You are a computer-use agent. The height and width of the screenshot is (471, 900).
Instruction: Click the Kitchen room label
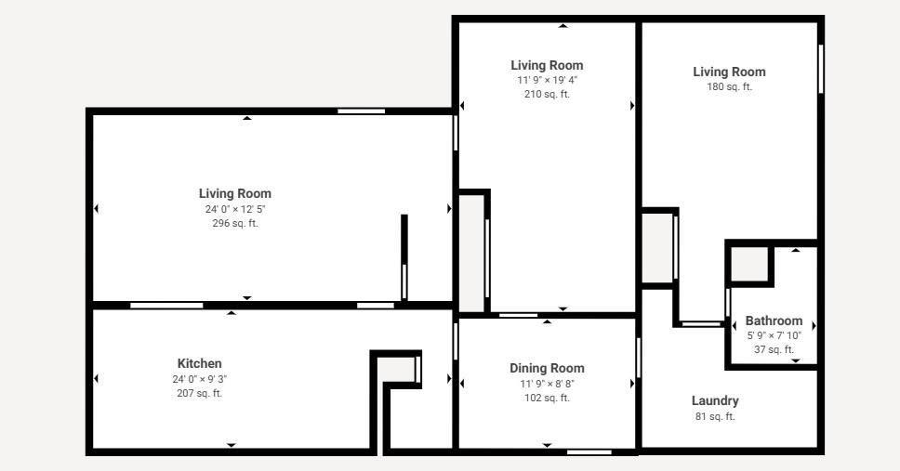tap(199, 363)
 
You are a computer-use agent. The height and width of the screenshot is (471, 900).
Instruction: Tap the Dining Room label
tap(547, 368)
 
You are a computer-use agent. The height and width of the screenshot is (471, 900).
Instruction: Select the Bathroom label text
tap(774, 321)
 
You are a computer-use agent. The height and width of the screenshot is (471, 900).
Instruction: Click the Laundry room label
tap(715, 401)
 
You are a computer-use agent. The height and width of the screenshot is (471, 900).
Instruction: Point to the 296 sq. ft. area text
tap(235, 223)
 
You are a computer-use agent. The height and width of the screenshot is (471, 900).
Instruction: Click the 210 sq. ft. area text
tap(547, 94)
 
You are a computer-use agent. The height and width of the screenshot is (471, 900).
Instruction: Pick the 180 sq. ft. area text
tap(729, 86)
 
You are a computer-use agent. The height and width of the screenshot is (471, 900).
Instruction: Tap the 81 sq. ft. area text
tap(715, 416)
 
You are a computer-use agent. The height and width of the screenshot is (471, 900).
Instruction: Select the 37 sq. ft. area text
tap(774, 349)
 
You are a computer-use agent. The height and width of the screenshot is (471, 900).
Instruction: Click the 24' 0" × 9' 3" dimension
tap(199, 379)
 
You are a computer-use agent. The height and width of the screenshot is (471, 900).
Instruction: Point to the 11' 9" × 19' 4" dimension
tap(547, 80)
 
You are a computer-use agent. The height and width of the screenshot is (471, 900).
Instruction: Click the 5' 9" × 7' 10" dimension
tap(774, 335)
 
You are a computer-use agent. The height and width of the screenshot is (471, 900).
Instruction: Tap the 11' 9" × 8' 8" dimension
tap(547, 384)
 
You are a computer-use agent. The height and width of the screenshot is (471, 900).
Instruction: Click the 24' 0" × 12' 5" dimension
tap(235, 209)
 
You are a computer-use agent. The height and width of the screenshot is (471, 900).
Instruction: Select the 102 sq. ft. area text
tap(547, 398)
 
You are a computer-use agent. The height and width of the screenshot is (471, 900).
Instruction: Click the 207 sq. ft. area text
tap(199, 393)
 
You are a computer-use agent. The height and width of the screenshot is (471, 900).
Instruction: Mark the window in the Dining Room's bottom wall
tap(589, 452)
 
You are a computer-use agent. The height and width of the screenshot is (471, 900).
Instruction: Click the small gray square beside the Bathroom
tap(749, 264)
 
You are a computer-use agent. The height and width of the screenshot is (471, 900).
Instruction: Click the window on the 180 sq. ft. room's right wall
tap(821, 69)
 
